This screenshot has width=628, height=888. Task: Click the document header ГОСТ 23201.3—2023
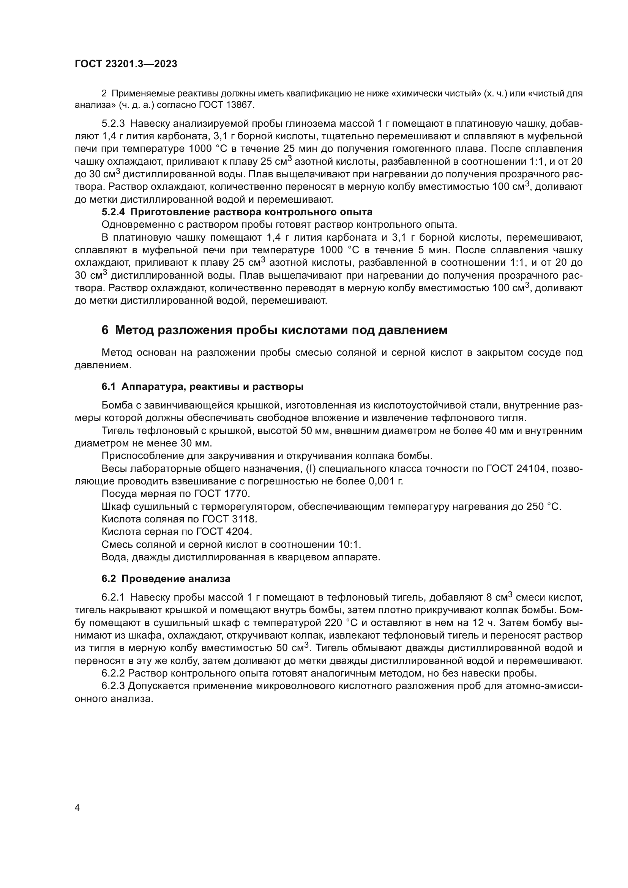coord(126,64)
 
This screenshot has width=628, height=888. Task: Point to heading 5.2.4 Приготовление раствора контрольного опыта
coord(237,212)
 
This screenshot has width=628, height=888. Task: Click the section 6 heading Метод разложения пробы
coord(274,330)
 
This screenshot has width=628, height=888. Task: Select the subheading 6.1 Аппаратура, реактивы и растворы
coord(202,387)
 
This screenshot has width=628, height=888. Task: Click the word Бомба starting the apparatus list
coord(118,405)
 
